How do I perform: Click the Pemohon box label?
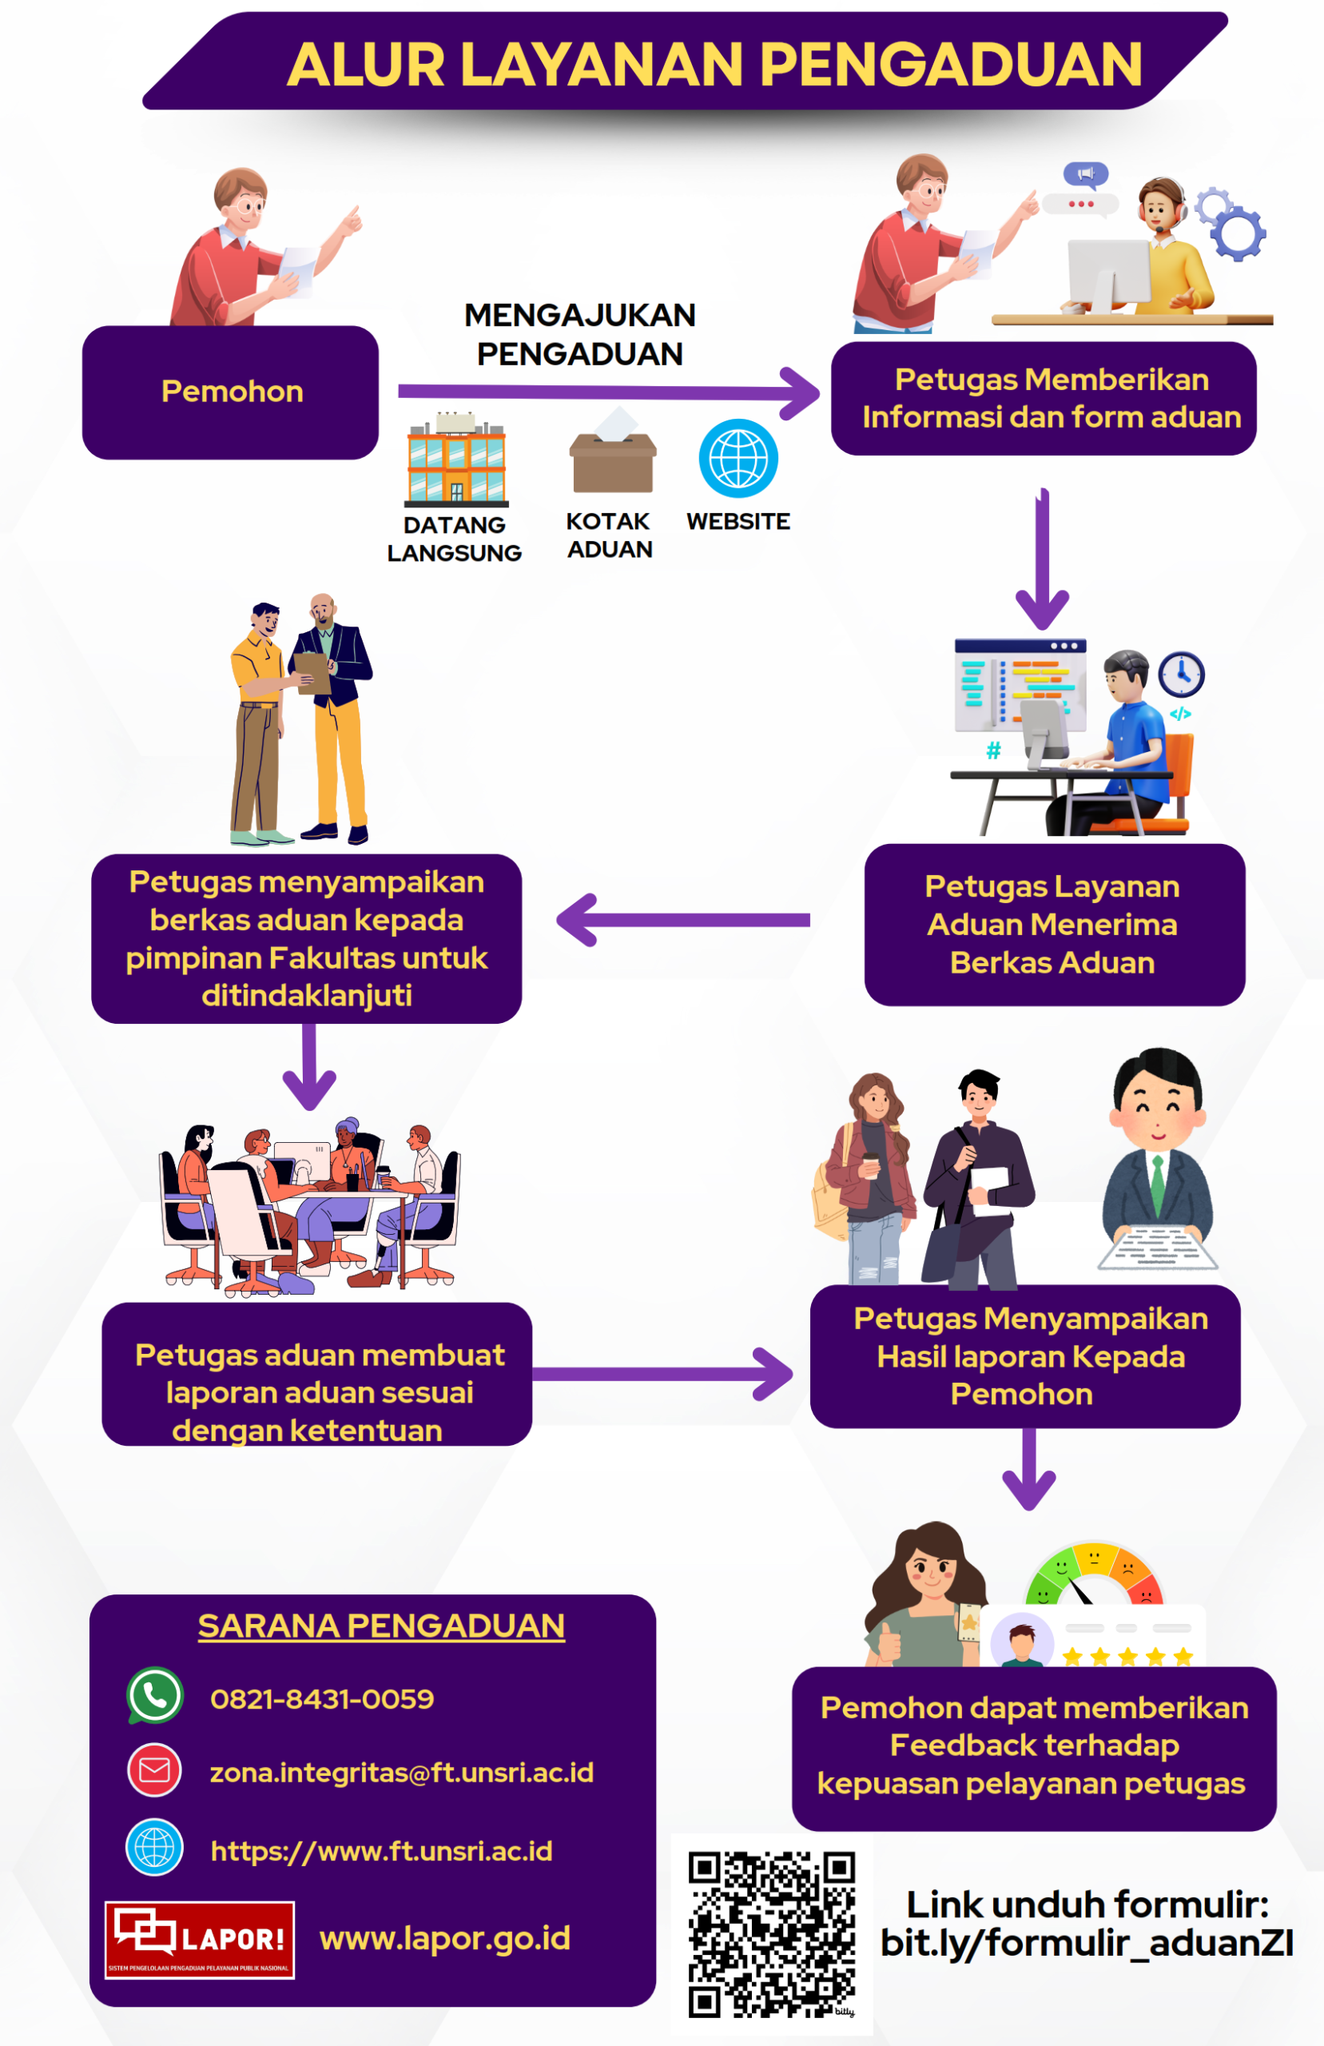[233, 392]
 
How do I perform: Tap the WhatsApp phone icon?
[155, 1695]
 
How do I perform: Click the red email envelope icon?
[155, 1770]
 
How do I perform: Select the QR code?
[771, 1933]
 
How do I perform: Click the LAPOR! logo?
[200, 1940]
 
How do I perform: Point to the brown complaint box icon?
[612, 461]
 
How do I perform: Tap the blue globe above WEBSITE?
[738, 458]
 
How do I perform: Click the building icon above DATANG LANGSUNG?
[456, 461]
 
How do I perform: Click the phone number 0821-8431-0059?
[322, 1698]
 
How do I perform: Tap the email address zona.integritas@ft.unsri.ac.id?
[401, 1772]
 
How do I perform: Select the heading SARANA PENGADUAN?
[381, 1626]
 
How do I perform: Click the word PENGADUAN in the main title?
[950, 66]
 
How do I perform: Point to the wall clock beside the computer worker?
[1180, 675]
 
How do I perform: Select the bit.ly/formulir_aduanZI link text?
[1087, 1943]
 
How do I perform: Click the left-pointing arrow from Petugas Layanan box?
[683, 920]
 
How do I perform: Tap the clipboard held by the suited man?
[312, 673]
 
